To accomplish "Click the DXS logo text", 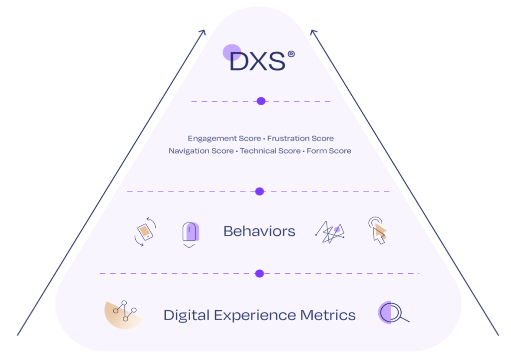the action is pos(257,61).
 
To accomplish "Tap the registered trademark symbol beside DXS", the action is pos(291,54).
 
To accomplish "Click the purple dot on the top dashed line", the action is pos(260,101).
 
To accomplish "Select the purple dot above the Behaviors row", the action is pos(259,191).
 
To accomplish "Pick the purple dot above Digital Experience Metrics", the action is pos(259,273).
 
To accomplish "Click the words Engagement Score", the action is pos(224,138).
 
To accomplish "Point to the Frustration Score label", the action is pos(300,138).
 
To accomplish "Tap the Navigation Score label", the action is pos(201,151).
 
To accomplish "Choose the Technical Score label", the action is pos(270,151).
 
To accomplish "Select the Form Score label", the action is pos(329,151).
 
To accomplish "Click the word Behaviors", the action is pos(259,231).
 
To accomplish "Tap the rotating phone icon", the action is pos(145,232).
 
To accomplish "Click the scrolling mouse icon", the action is pos(190,234).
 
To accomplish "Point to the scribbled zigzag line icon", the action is pos(330,232).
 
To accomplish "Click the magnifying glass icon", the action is pos(393,313).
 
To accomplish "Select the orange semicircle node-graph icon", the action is pos(123,315).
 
